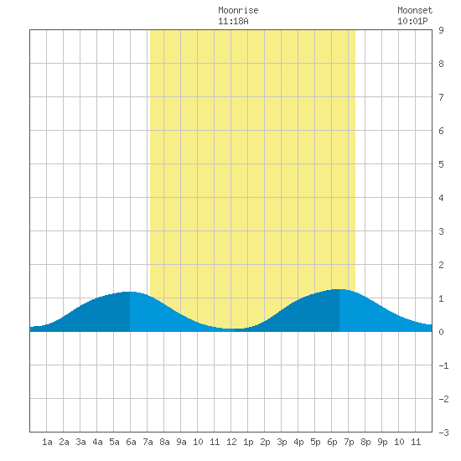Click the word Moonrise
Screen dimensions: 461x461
[238, 10]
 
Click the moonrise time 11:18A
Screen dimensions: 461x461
[233, 21]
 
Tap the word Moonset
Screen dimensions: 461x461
[415, 10]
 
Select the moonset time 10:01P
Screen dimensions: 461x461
[412, 21]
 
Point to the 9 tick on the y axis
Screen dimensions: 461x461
[441, 30]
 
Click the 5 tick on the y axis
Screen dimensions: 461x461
[441, 164]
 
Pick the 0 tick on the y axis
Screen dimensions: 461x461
[441, 332]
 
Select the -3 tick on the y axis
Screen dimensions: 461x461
[443, 433]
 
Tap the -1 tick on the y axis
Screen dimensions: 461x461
[443, 365]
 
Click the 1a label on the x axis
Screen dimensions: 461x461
[47, 442]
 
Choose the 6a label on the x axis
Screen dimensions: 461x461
[131, 442]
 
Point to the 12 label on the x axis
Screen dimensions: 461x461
[231, 442]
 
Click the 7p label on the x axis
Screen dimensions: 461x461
[349, 442]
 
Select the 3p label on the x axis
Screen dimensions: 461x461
[282, 442]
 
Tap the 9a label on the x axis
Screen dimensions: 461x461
[181, 442]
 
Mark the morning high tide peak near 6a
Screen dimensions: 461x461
[129, 292]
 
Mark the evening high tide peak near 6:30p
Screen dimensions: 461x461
[339, 290]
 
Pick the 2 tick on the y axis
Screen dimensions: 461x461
[441, 265]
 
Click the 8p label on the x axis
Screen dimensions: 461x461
[365, 442]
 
